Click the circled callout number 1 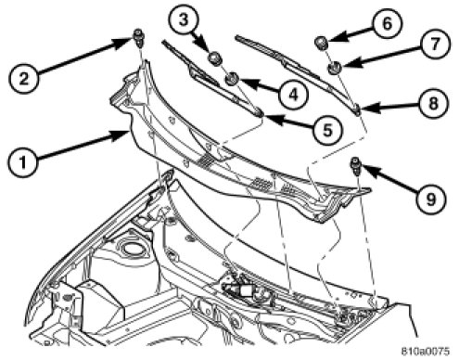coord(23,161)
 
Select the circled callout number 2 coord(24,78)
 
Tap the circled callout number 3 coord(184,20)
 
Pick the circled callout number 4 coord(293,94)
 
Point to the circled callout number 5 coord(327,130)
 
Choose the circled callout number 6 coord(387,24)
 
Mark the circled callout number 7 coord(435,45)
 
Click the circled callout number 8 coord(433,103)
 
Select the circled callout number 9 coord(430,198)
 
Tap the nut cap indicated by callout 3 coord(214,58)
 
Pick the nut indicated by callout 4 coord(231,79)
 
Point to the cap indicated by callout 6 coord(321,43)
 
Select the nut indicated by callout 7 coord(334,68)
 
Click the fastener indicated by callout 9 coord(355,166)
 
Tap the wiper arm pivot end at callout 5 coord(259,112)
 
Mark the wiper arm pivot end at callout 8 coord(356,109)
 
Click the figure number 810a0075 coord(426,352)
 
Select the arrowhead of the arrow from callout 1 coord(121,135)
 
